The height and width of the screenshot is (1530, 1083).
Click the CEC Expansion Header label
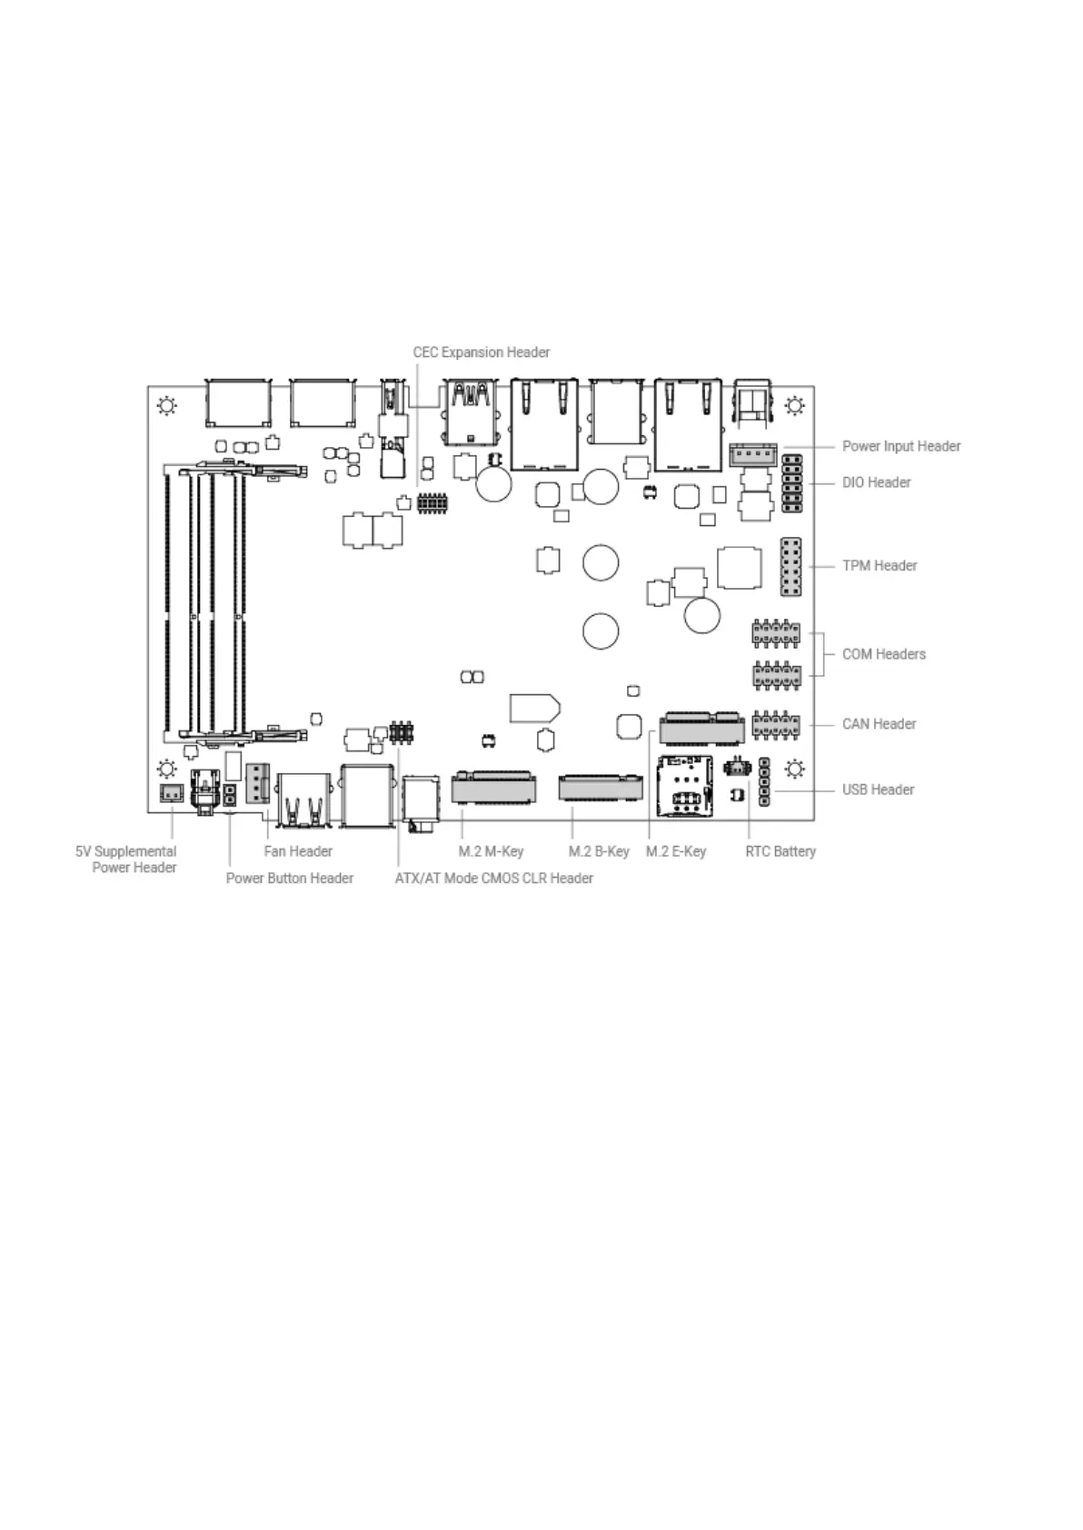pyautogui.click(x=481, y=353)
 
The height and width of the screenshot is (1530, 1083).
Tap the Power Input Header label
pyautogui.click(x=900, y=446)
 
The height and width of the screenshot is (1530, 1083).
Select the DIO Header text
pyautogui.click(x=876, y=482)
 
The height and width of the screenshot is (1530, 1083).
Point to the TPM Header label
pyautogui.click(x=879, y=565)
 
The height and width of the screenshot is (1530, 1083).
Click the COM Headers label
pyautogui.click(x=884, y=654)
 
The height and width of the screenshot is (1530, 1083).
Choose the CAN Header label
pyautogui.click(x=879, y=724)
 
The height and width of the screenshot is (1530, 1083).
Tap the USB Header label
pyautogui.click(x=878, y=790)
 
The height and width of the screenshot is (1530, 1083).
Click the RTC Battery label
pyautogui.click(x=780, y=851)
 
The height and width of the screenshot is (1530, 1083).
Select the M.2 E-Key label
pyautogui.click(x=676, y=851)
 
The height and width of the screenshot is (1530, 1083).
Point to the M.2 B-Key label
pyautogui.click(x=599, y=851)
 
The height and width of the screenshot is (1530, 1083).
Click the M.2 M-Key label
pyautogui.click(x=491, y=851)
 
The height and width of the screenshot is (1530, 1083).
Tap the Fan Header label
pyautogui.click(x=298, y=851)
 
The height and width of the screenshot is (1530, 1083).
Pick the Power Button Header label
pyautogui.click(x=290, y=878)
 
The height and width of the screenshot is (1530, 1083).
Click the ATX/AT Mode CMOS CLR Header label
pyautogui.click(x=493, y=878)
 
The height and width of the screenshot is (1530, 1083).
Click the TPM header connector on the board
pyautogui.click(x=790, y=567)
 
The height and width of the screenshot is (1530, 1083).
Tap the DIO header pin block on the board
pyautogui.click(x=792, y=483)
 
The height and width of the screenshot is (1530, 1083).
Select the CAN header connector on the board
pyautogui.click(x=776, y=725)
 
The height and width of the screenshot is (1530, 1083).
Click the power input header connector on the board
pyautogui.click(x=752, y=455)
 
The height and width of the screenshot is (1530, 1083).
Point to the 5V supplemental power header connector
pyautogui.click(x=172, y=794)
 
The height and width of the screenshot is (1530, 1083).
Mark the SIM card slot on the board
pyautogui.click(x=685, y=786)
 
